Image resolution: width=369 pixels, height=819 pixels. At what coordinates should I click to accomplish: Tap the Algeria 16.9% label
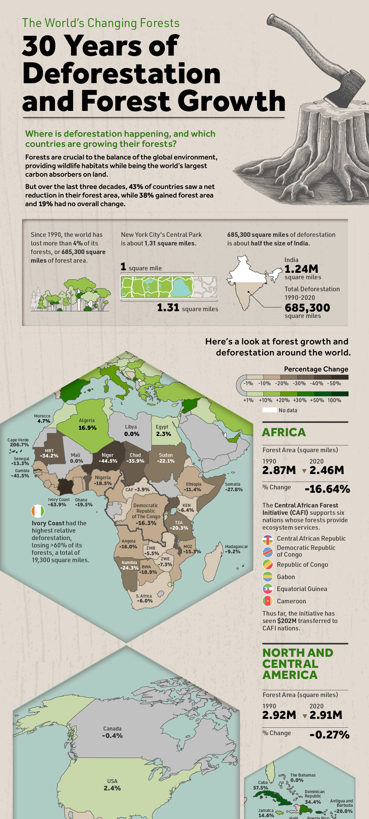87,424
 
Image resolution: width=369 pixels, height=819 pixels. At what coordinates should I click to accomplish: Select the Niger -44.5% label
108,458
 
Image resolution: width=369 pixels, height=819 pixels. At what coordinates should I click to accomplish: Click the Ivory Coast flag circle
38,511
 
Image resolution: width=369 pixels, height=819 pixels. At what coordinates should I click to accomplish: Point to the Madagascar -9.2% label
236,549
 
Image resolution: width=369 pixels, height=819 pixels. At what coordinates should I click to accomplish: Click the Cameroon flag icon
268,601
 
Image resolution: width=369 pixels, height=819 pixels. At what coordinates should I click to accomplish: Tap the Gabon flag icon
268,576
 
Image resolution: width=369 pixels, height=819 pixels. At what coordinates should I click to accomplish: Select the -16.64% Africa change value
327,489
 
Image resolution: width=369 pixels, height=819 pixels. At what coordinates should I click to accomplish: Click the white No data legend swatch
269,410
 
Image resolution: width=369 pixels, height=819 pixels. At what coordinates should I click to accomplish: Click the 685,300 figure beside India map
307,308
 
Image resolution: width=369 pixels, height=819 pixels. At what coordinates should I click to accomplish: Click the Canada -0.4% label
112,732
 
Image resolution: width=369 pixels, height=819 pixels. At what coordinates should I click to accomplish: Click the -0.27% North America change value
329,735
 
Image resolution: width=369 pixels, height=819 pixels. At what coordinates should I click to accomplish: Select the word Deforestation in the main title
121,73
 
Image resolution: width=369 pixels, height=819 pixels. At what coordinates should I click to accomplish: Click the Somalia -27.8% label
233,487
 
